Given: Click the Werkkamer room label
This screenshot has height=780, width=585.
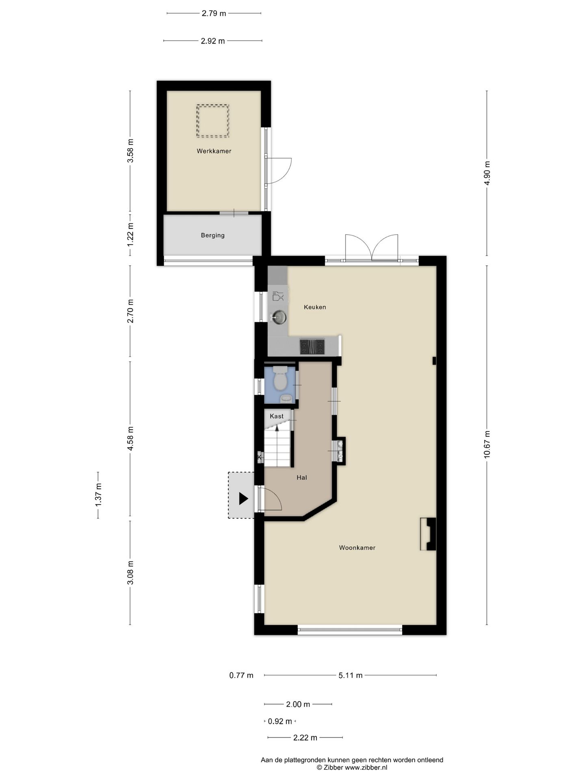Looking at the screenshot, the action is [214, 151].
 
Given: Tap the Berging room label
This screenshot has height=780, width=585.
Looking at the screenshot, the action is [212, 235].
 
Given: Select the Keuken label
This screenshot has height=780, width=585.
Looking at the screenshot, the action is [315, 307].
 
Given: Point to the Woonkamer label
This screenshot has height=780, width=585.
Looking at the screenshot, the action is [357, 548].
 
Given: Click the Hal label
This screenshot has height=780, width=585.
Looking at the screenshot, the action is [301, 477].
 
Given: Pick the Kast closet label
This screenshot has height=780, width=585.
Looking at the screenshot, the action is [277, 416].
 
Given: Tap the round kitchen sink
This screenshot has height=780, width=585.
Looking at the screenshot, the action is [279, 317].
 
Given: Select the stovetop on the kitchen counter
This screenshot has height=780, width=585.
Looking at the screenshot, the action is [312, 347].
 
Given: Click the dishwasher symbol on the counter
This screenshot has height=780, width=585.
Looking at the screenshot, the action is [278, 296].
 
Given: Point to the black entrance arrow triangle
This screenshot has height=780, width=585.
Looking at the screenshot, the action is [243, 498].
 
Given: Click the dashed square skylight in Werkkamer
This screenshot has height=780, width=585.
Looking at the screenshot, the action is [213, 121].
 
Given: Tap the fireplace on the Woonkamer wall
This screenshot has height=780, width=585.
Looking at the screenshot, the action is [428, 534].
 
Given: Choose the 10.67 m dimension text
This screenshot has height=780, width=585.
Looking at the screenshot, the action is [487, 445].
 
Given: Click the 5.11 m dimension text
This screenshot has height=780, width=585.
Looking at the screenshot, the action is [351, 675].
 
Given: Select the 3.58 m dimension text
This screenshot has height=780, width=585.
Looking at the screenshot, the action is [130, 151].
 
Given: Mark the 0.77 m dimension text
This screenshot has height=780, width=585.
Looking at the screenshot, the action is [241, 675].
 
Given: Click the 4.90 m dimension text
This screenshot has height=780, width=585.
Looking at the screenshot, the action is [487, 173].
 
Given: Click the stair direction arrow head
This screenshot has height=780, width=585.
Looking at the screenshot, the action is [277, 427].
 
